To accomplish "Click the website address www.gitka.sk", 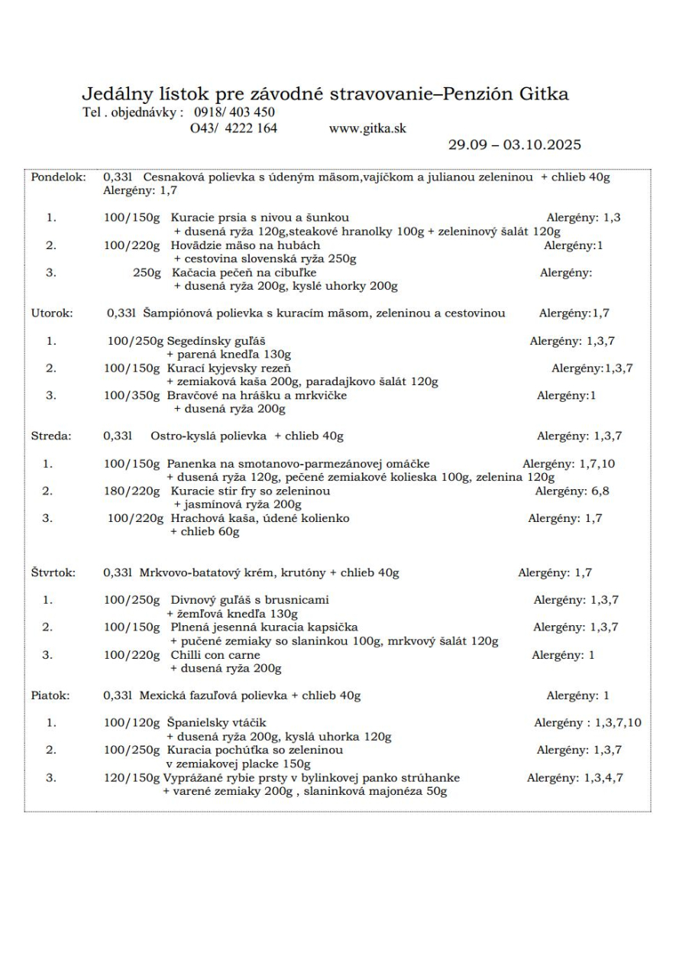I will pos(367,128).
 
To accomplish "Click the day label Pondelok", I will pos(58,177).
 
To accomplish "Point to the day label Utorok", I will pos(51,313).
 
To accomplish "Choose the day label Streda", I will pos(50,436).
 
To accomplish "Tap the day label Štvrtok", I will pos(53,572).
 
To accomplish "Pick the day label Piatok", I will pos(50,695).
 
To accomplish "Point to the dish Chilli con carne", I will pos(215,655).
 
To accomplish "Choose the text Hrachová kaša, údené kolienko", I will pos(260,518).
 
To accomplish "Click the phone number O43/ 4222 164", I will pos(233,128).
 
